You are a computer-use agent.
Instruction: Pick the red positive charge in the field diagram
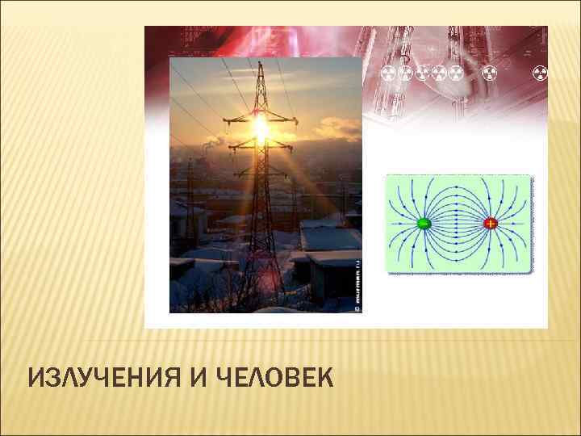(490, 223)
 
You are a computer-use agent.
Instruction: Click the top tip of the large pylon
(260, 63)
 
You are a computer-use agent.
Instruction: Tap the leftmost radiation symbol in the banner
(387, 74)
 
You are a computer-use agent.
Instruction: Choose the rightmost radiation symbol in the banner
(541, 74)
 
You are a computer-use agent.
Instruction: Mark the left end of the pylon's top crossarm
(225, 121)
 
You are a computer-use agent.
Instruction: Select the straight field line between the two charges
(457, 223)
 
